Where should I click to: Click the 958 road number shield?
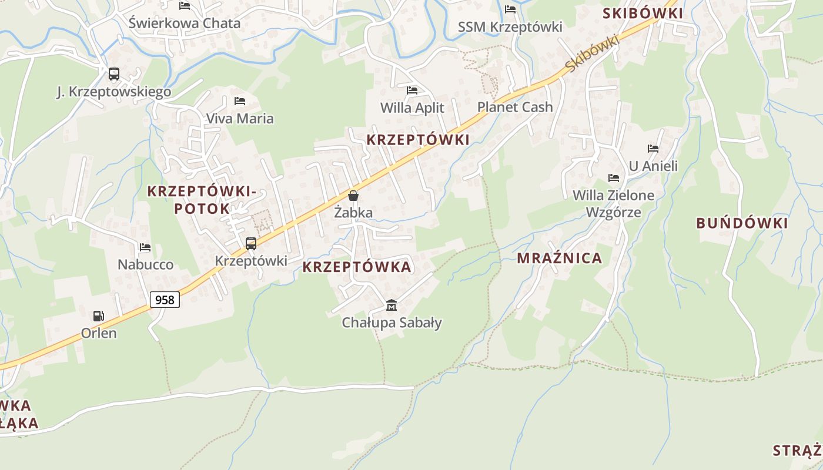(x=165, y=300)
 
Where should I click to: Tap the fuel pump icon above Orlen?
(x=99, y=316)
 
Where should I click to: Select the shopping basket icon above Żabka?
(x=353, y=196)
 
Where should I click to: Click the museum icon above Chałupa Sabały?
(x=392, y=305)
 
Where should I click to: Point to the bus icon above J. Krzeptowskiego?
(x=114, y=74)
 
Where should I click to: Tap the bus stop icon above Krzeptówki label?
(x=251, y=243)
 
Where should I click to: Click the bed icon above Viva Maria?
(x=240, y=101)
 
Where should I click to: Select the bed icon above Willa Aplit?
(x=412, y=90)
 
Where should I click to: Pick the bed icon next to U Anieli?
(x=653, y=149)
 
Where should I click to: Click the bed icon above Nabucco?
(x=145, y=247)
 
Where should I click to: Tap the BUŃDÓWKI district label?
(x=742, y=223)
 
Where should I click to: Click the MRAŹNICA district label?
(x=560, y=258)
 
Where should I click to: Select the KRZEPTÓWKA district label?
(x=357, y=267)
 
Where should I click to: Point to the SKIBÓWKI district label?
(x=643, y=14)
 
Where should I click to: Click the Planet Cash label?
(x=515, y=107)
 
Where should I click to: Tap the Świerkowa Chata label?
(x=185, y=23)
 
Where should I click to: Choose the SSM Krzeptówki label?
(x=510, y=27)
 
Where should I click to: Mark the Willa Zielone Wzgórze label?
(x=614, y=203)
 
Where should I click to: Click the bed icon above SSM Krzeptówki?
(x=510, y=9)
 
